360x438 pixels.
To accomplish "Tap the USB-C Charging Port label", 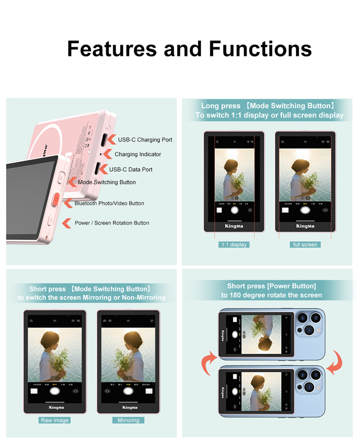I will [x=145, y=140].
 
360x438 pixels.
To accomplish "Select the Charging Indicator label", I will [x=138, y=154].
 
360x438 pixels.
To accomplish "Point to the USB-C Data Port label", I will [x=131, y=169].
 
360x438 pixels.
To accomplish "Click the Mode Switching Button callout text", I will [x=107, y=182].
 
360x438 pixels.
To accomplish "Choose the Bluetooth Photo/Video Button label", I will [x=109, y=203].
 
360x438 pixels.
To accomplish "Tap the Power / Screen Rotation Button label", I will [x=112, y=223].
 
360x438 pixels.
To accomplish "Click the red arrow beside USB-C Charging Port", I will [x=109, y=139].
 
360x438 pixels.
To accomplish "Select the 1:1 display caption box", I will [x=234, y=245].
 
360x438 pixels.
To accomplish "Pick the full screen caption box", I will [x=305, y=245].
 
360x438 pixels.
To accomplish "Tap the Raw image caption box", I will [x=55, y=420].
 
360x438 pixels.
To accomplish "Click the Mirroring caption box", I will [x=128, y=420].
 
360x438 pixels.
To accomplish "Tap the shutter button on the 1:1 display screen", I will [x=234, y=210].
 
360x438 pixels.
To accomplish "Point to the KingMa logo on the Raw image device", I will [x=56, y=407].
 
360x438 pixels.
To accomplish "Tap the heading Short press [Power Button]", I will [x=271, y=286].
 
